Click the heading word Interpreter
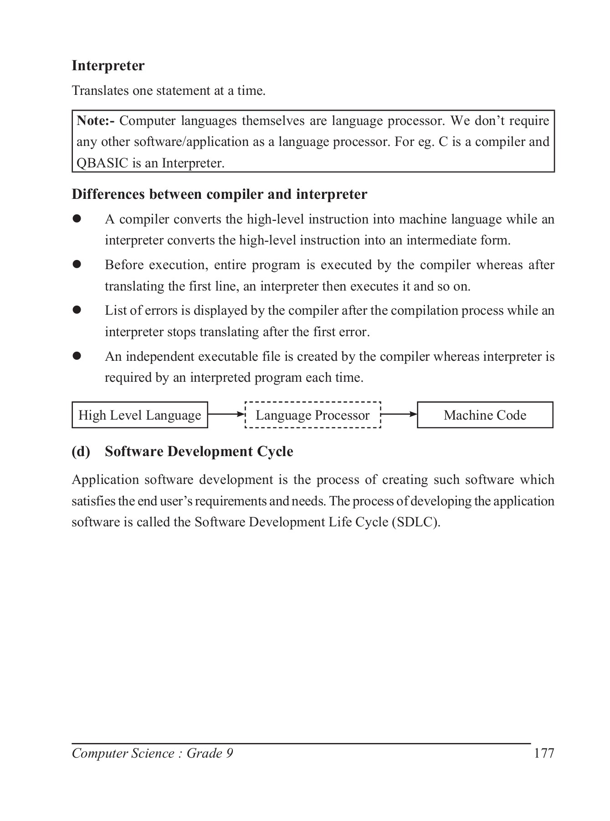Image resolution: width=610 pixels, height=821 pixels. point(108,66)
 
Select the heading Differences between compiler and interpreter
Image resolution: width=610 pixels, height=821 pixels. point(219,194)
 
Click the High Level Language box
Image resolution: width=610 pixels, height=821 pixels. point(140,415)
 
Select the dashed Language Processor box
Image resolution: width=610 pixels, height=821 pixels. point(313,415)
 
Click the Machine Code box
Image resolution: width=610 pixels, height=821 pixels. point(485,415)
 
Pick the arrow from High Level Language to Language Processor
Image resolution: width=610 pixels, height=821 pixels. point(226,415)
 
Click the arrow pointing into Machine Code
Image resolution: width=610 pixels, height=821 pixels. point(399,415)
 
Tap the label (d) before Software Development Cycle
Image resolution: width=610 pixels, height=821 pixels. point(81,452)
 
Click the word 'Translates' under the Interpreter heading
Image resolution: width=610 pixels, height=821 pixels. point(100,91)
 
